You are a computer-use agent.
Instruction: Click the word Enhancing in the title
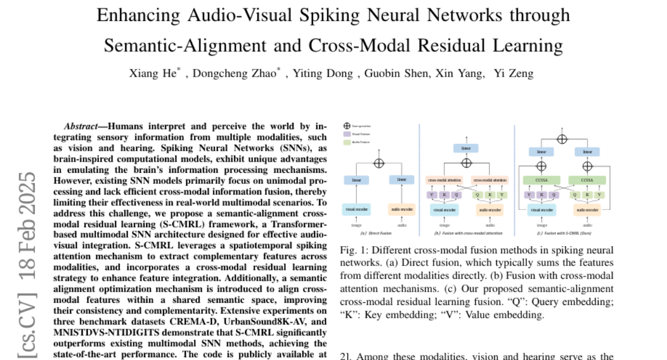[x=132, y=15]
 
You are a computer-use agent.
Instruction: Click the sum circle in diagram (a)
[x=380, y=163]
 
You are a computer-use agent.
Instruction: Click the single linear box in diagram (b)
[x=466, y=148]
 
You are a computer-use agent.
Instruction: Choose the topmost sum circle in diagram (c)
[x=562, y=138]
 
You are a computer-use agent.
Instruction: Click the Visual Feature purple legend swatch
[x=346, y=134]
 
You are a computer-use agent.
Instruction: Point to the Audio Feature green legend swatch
[x=346, y=142]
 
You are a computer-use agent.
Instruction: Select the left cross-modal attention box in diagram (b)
[x=443, y=180]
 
